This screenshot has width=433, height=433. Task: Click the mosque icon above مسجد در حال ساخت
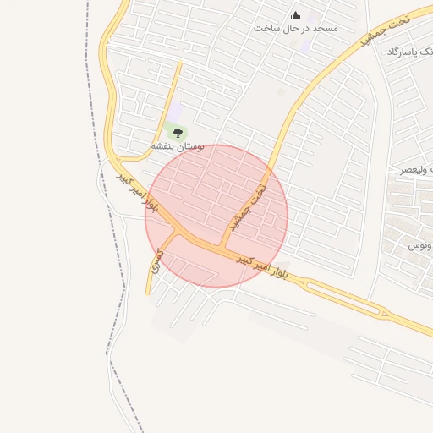pyautogui.click(x=295, y=15)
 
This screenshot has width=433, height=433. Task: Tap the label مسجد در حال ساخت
pyautogui.click(x=296, y=28)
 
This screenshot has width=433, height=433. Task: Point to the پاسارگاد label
pyautogui.click(x=408, y=52)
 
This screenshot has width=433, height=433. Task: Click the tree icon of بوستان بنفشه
pyautogui.click(x=178, y=132)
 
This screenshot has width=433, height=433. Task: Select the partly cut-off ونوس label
pyautogui.click(x=421, y=246)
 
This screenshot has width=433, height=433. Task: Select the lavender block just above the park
pyautogui.click(x=175, y=111)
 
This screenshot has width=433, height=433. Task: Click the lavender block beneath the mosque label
pyautogui.click(x=303, y=45)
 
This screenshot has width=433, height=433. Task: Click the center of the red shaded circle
pyautogui.click(x=216, y=216)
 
